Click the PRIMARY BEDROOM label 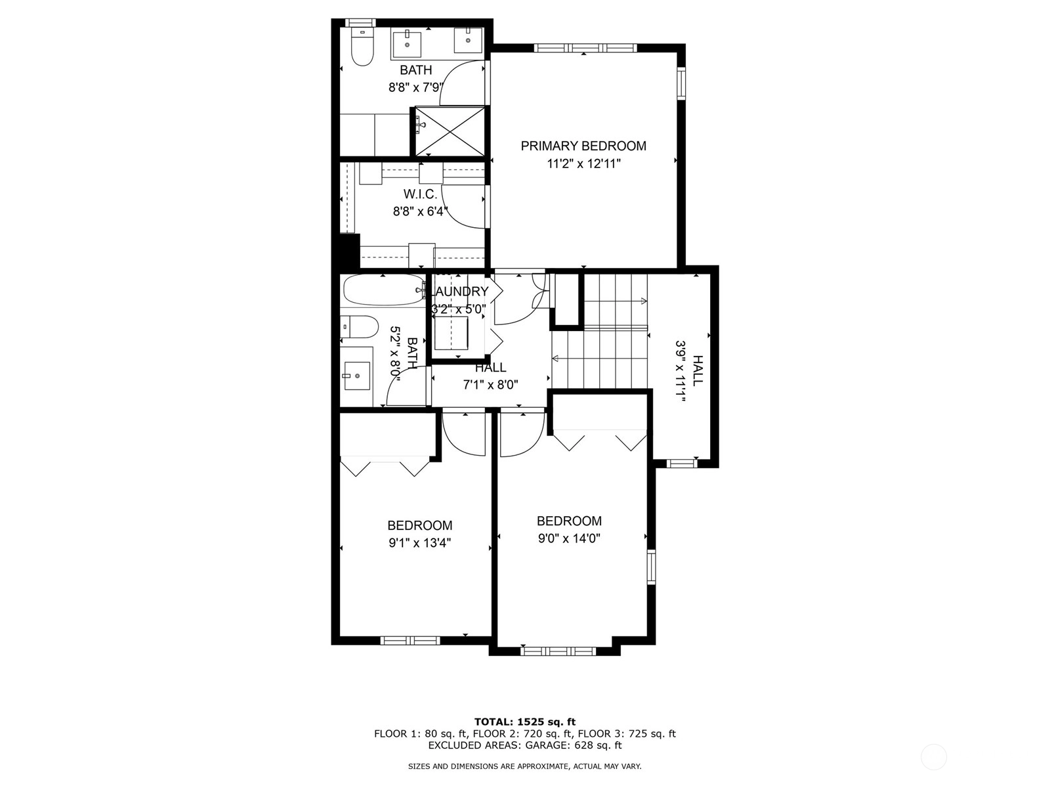point(583,146)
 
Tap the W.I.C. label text point(420,194)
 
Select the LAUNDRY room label point(460,292)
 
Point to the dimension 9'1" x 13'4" point(419,543)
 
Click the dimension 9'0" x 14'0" point(569,538)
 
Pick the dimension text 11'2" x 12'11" point(583,164)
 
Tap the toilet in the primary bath point(362,46)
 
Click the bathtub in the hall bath point(384,290)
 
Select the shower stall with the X point(450,131)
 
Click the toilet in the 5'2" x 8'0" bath point(359,327)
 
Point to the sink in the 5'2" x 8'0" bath point(357,376)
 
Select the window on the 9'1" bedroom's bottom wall point(410,640)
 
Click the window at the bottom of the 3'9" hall point(682,463)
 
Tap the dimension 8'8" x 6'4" point(420,211)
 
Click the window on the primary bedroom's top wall point(585,47)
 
